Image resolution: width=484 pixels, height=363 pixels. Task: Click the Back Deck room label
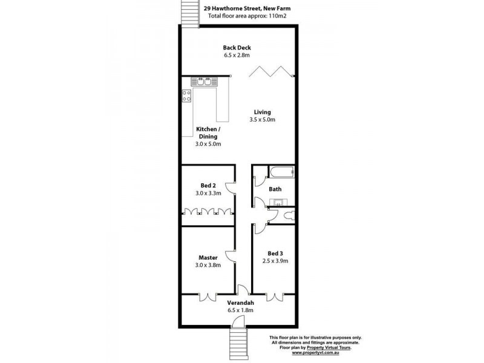(237, 48)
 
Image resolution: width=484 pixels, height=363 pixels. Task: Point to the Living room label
(262, 112)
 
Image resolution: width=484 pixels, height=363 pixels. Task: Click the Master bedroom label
(208, 257)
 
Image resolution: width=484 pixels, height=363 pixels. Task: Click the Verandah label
(240, 302)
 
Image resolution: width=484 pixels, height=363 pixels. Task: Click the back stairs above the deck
(189, 12)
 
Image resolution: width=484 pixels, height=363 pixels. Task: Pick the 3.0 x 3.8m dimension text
(208, 265)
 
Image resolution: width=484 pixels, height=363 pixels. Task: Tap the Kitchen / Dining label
(208, 133)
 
